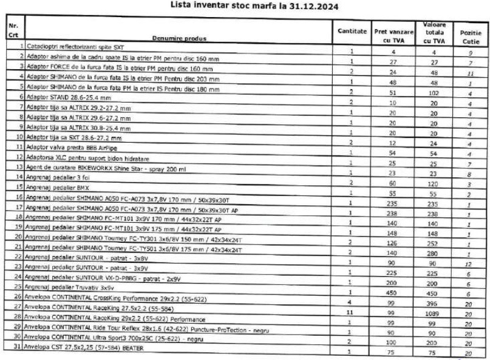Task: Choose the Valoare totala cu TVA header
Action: (432, 32)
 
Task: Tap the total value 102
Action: (432, 95)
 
